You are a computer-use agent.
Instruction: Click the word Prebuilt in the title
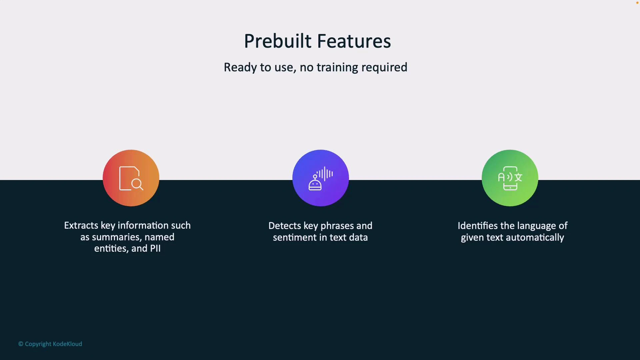tap(277, 41)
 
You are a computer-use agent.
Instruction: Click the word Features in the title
tap(354, 41)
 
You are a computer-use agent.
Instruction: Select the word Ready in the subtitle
tap(240, 67)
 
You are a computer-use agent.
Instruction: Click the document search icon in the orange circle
tap(131, 178)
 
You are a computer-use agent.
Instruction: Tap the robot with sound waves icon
tap(320, 178)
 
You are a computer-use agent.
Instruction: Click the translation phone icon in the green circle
tap(510, 178)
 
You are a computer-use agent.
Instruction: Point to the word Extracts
tap(81, 226)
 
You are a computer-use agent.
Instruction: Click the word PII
tap(155, 249)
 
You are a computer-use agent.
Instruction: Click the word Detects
tap(284, 226)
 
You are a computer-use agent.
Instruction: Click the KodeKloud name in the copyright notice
tap(67, 344)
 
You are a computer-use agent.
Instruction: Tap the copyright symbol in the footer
tap(21, 344)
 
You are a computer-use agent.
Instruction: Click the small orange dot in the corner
tap(637, 3)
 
